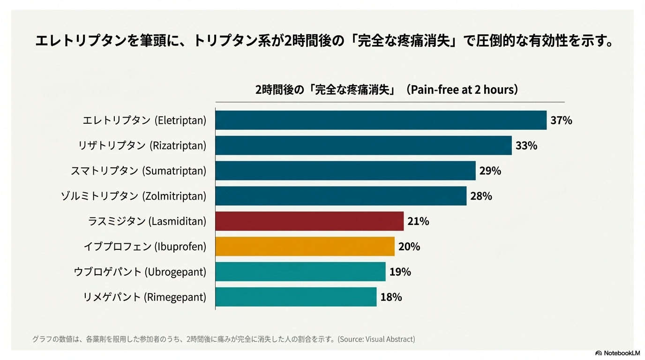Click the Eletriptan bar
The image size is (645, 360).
click(381, 120)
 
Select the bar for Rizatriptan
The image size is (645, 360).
click(363, 146)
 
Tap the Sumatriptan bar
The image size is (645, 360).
click(345, 171)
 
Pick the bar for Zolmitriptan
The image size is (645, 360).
click(341, 196)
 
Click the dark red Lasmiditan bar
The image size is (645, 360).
click(309, 221)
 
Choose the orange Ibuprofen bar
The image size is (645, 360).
click(305, 247)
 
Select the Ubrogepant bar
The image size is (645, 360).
click(300, 272)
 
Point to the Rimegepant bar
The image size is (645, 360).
click(296, 297)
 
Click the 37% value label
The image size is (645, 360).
click(561, 120)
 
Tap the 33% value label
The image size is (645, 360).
click(526, 146)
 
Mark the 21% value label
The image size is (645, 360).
click(418, 221)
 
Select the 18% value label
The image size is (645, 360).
click(391, 297)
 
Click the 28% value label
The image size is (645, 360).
click(481, 196)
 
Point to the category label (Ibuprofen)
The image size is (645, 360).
click(145, 247)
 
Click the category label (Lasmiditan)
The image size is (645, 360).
click(147, 221)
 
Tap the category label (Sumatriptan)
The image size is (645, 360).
click(138, 171)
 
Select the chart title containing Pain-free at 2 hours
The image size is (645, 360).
click(387, 90)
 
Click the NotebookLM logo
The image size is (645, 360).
click(617, 353)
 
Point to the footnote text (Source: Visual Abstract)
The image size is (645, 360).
click(224, 339)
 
